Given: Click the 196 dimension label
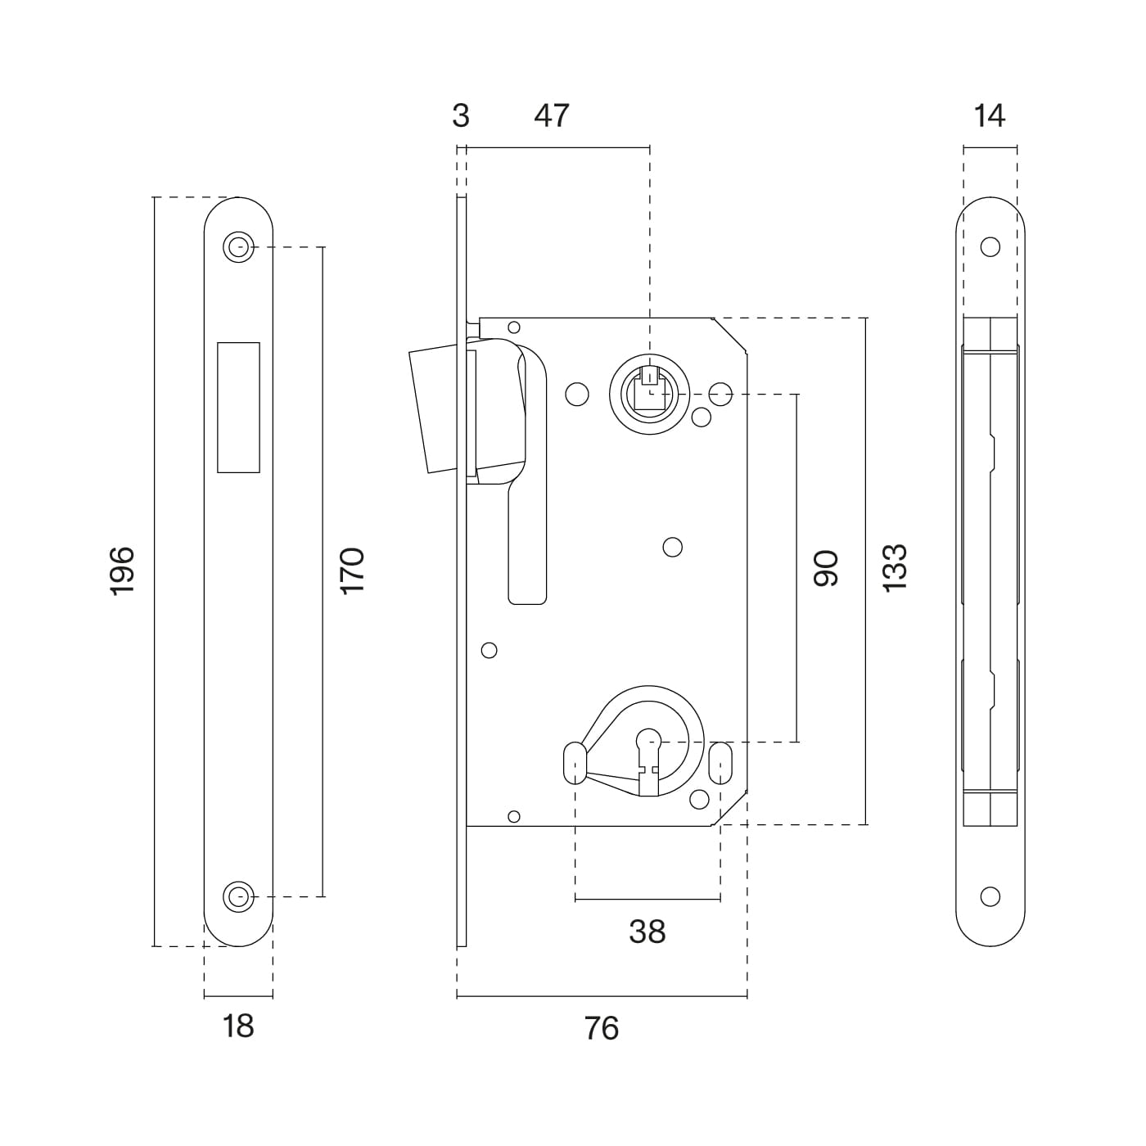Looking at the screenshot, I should [121, 571].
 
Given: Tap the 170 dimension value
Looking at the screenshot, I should [352, 571].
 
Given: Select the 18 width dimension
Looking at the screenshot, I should [238, 1026].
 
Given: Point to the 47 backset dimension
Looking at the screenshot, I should [551, 115].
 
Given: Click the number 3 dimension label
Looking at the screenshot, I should [461, 115].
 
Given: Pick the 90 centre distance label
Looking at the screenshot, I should [827, 568].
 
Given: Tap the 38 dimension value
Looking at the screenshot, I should [647, 932].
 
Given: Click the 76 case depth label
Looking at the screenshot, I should [602, 1027].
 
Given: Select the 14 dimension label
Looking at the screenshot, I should [990, 115].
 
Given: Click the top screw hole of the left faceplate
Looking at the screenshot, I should [238, 246].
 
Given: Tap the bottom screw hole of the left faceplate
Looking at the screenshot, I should [238, 896].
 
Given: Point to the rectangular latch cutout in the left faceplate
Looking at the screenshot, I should [238, 407].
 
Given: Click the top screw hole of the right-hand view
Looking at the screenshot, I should [990, 246].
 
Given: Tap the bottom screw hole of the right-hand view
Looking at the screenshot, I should [990, 896].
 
